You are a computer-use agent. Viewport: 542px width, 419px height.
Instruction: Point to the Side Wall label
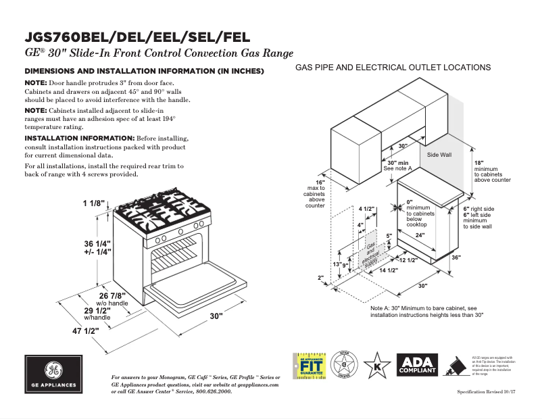point(439,155)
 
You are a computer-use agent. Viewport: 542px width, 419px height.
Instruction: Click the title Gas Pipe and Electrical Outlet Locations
point(393,68)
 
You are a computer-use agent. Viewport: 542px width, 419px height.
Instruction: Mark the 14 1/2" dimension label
point(387,270)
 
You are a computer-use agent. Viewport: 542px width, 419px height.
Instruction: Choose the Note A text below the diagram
point(427,311)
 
